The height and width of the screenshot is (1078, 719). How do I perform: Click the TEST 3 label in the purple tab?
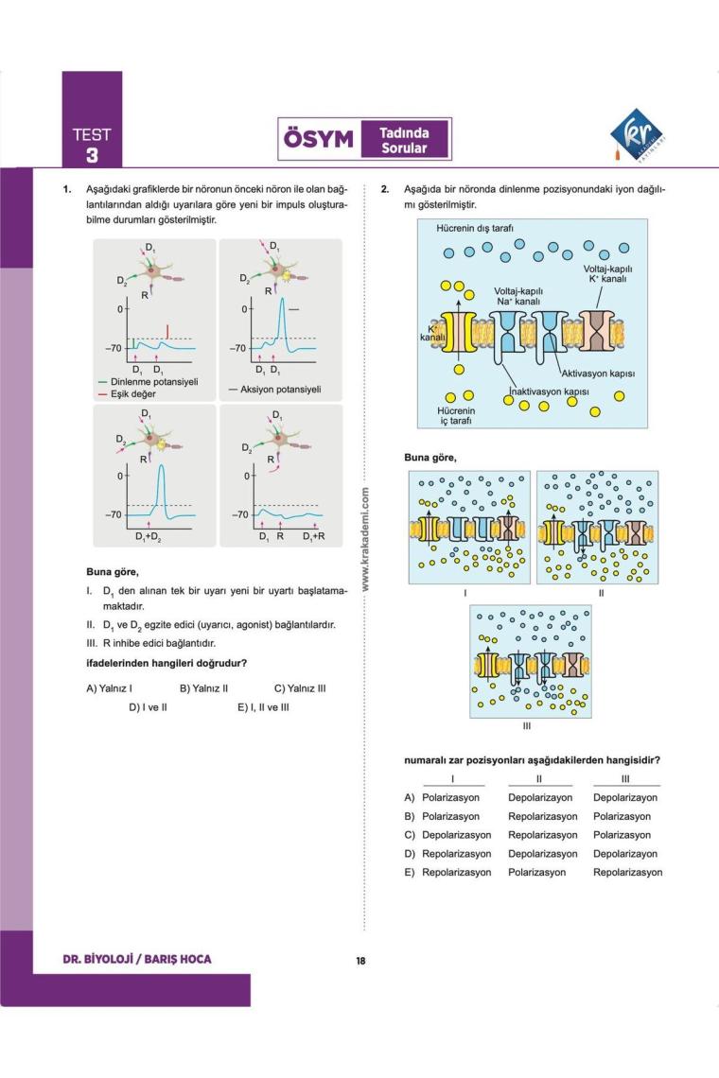92,145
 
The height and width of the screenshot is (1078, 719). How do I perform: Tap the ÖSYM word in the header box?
318,139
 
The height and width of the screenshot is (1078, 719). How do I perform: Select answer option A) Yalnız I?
109,688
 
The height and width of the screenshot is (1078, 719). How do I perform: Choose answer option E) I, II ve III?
263,706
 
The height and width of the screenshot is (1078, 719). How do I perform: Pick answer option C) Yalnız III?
300,688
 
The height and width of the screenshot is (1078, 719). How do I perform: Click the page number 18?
360,962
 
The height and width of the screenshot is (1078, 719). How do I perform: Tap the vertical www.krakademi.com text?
365,539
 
